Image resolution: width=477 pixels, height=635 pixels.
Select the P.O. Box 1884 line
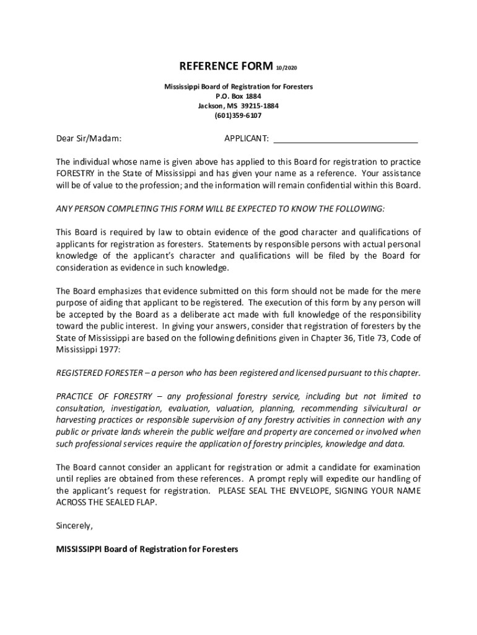pos(239,96)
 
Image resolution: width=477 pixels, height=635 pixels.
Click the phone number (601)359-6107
pos(239,115)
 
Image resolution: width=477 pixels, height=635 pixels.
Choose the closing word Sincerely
pos(74,526)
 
